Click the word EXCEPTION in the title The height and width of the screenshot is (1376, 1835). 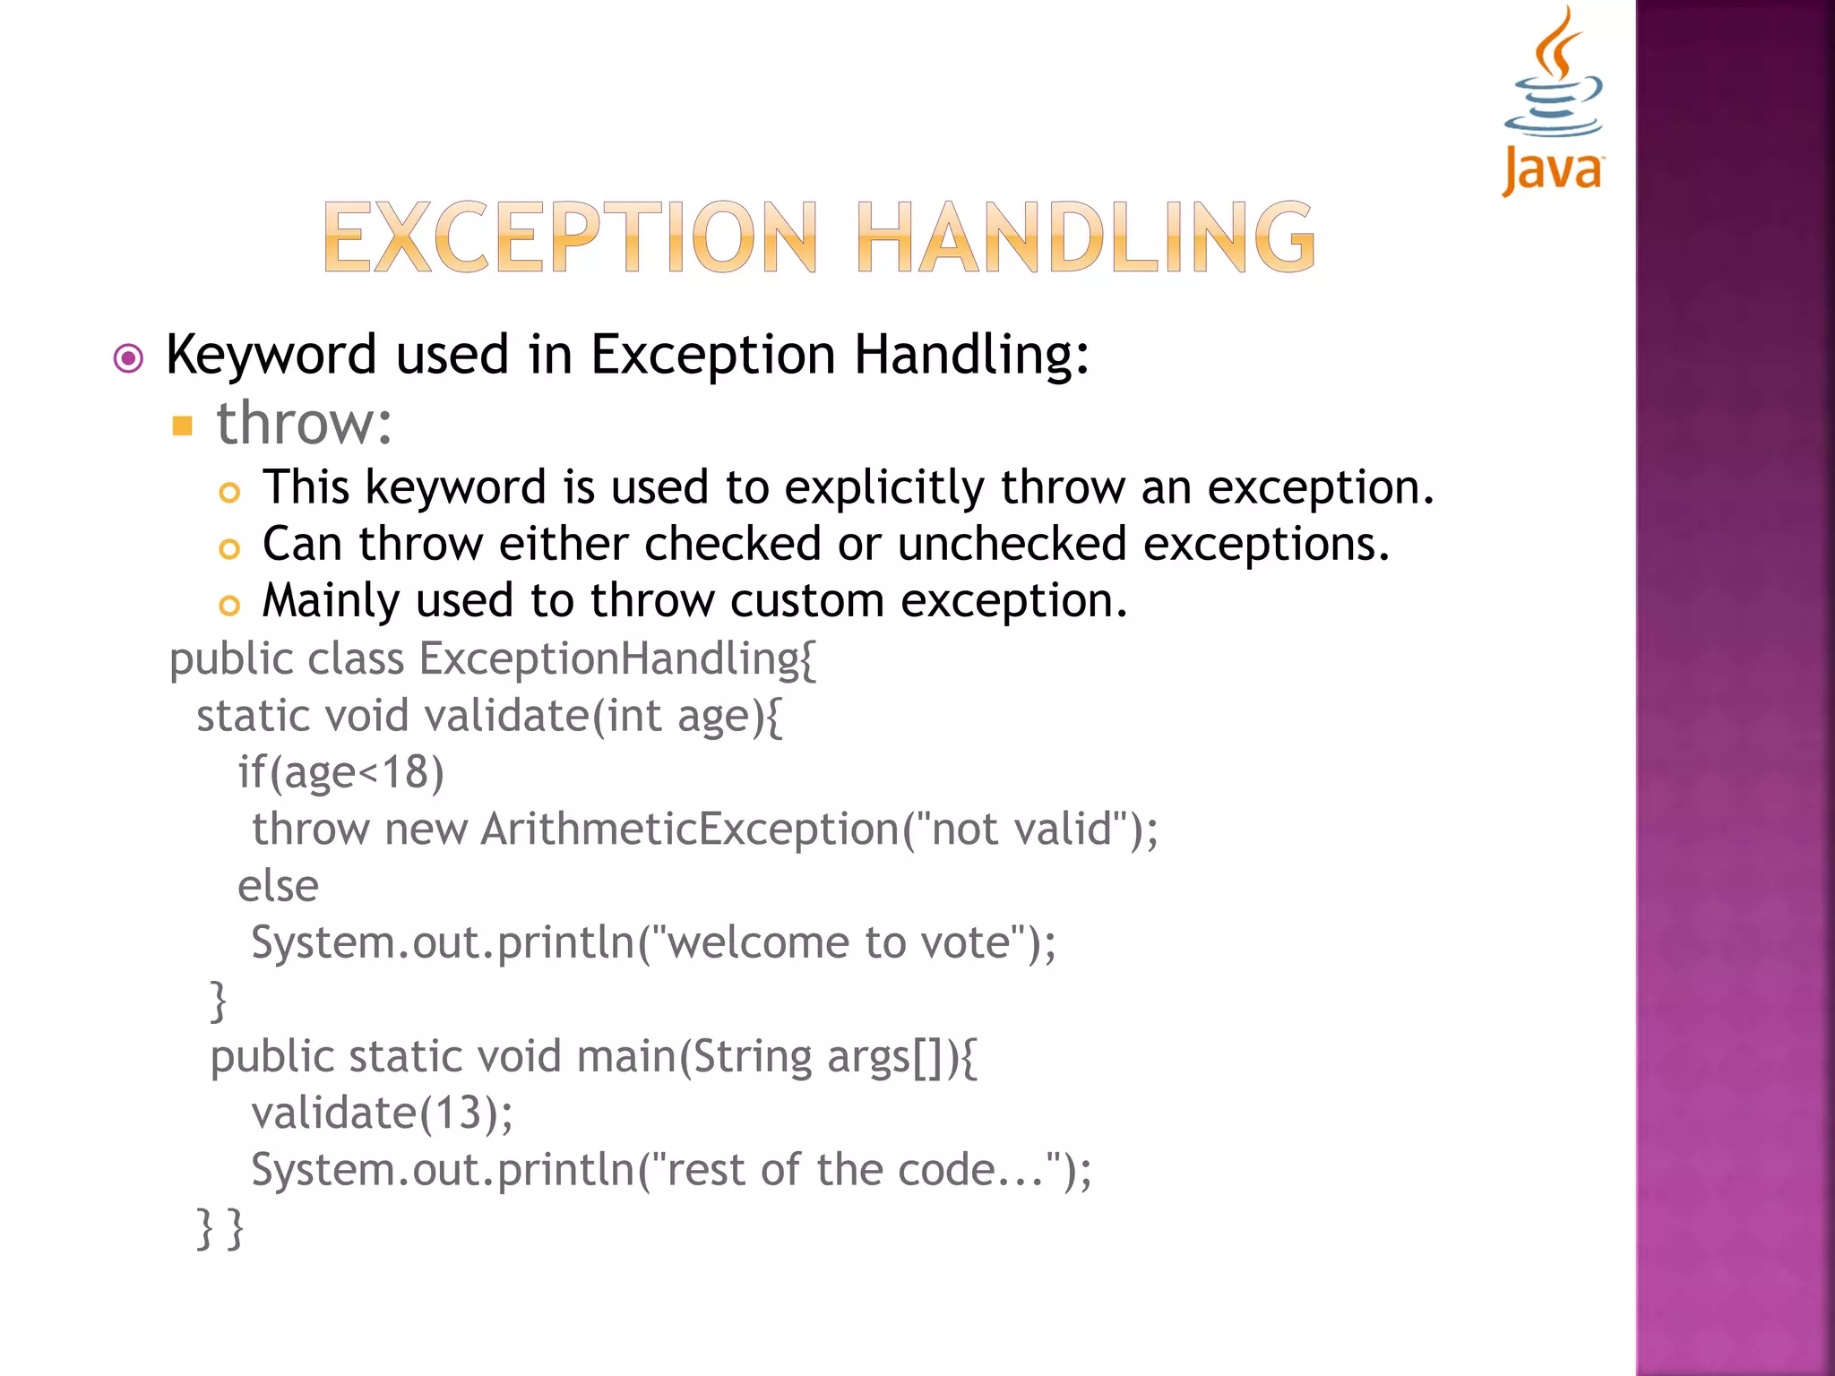(x=570, y=236)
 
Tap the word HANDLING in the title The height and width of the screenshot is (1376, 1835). (x=1085, y=236)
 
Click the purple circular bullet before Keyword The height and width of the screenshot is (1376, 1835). (x=128, y=359)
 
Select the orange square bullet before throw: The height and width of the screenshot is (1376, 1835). (x=183, y=425)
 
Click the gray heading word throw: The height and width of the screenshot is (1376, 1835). (x=304, y=423)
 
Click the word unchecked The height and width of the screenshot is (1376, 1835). (x=1012, y=545)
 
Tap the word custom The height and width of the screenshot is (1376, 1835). (x=806, y=600)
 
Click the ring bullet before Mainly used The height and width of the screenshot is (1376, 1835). (x=229, y=606)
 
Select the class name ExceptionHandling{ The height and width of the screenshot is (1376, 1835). (x=617, y=659)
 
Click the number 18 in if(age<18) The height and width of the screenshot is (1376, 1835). (x=405, y=772)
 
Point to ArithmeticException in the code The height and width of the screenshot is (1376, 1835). (x=690, y=829)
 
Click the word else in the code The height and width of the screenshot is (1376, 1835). (x=278, y=886)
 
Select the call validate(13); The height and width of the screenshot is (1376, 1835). (x=382, y=1114)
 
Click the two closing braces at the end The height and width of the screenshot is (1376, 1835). (x=220, y=1227)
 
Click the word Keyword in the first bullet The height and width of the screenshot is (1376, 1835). (x=271, y=355)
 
